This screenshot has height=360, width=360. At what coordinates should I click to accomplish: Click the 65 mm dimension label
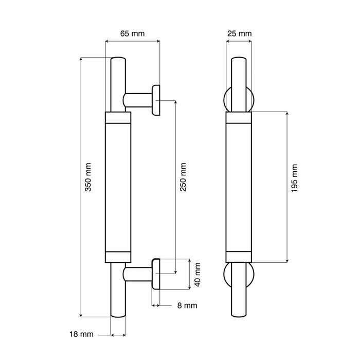(133, 33)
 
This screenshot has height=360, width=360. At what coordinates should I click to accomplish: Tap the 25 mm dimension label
(240, 33)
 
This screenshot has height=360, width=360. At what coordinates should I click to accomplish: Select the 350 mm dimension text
(88, 177)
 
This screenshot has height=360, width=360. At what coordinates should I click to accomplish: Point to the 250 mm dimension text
(183, 177)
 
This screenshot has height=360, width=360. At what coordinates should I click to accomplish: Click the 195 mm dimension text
(294, 178)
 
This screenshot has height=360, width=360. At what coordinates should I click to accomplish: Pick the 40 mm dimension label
(197, 275)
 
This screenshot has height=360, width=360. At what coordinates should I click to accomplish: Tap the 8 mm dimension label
(187, 305)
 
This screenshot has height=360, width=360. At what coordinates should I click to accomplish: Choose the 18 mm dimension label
(81, 334)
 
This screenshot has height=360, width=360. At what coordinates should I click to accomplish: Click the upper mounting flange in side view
(156, 100)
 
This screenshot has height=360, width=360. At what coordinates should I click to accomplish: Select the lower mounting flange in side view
(156, 274)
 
